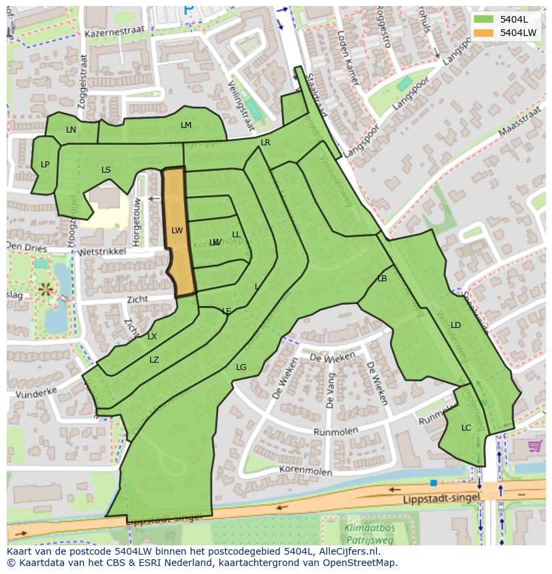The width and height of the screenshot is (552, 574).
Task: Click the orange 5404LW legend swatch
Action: click(x=484, y=33)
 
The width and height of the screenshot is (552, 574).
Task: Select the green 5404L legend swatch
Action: click(x=484, y=20)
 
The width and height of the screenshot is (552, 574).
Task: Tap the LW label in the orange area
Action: click(x=177, y=231)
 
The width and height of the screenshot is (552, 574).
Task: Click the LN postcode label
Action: click(x=71, y=130)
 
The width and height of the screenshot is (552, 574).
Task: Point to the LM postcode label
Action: click(x=186, y=125)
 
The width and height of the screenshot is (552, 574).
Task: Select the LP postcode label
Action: click(x=45, y=165)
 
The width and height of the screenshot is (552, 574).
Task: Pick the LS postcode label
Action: click(x=106, y=170)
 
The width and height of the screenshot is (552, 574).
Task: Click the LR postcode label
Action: click(x=265, y=143)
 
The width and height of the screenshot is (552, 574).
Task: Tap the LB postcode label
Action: click(x=382, y=279)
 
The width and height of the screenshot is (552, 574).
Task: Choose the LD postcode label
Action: click(x=456, y=325)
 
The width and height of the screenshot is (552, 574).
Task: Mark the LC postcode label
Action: click(x=466, y=428)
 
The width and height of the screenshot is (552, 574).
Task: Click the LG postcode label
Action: click(x=241, y=367)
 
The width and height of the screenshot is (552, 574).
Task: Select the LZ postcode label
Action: click(x=154, y=360)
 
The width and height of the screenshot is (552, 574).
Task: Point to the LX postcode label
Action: click(x=152, y=337)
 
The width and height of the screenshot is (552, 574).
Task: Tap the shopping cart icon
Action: click(x=535, y=446)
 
